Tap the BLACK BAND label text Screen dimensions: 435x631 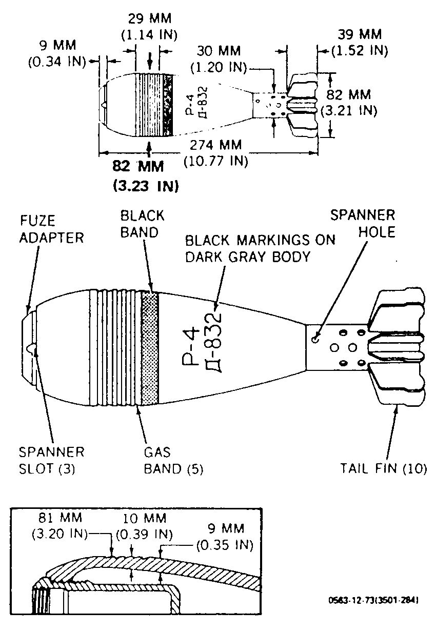coord(142,224)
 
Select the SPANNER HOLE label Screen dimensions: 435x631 coord(363,224)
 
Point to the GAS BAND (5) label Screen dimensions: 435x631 coord(173,461)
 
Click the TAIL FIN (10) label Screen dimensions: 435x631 coord(384,468)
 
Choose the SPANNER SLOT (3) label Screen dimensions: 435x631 coord(52,461)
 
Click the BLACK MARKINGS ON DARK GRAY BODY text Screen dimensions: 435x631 coord(260,248)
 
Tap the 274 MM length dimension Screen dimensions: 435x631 coord(216,153)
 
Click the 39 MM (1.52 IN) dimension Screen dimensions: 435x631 coord(360,42)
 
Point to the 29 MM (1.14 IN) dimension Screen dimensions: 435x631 coord(149,27)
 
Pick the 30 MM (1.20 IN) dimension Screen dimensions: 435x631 coord(219,59)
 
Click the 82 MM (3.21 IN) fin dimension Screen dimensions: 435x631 coord(349,103)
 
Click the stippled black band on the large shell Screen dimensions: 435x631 coord(150,348)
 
